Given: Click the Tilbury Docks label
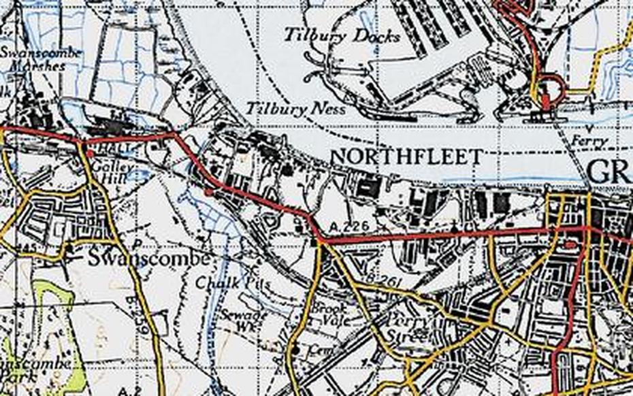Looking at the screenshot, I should (x=342, y=35).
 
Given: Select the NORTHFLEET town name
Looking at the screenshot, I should (x=406, y=157).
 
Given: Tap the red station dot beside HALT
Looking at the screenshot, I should (x=90, y=153).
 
